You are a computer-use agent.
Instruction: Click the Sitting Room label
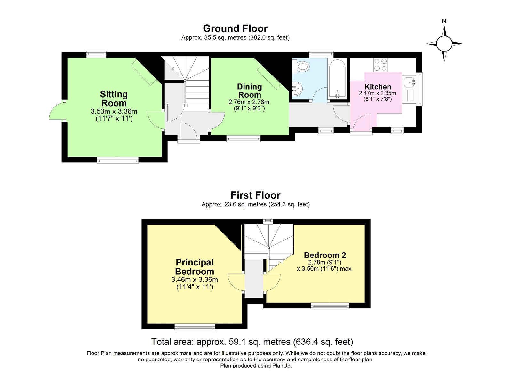tap(114, 99)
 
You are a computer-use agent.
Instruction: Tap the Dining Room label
tap(249, 91)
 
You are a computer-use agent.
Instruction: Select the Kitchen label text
tap(378, 87)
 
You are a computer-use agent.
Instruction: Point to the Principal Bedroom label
tap(195, 267)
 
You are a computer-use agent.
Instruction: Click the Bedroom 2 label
tap(325, 255)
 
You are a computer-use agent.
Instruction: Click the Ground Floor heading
tap(235, 28)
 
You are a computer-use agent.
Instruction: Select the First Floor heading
tap(255, 195)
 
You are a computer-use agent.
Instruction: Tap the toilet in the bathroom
tap(301, 67)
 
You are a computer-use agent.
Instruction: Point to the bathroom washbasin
tap(297, 89)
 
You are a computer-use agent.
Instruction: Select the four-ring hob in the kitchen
tap(380, 65)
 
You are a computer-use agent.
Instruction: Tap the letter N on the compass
tap(444, 21)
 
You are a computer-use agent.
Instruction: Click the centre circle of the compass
tap(444, 44)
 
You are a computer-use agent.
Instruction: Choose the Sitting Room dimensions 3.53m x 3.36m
tap(114, 111)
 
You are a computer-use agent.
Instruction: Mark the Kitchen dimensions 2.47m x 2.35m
tap(377, 93)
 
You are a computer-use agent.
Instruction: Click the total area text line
tap(252, 342)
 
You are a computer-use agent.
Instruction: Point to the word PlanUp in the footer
tap(281, 366)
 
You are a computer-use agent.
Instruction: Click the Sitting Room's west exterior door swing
tap(56, 111)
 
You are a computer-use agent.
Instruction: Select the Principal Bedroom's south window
tap(195, 327)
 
